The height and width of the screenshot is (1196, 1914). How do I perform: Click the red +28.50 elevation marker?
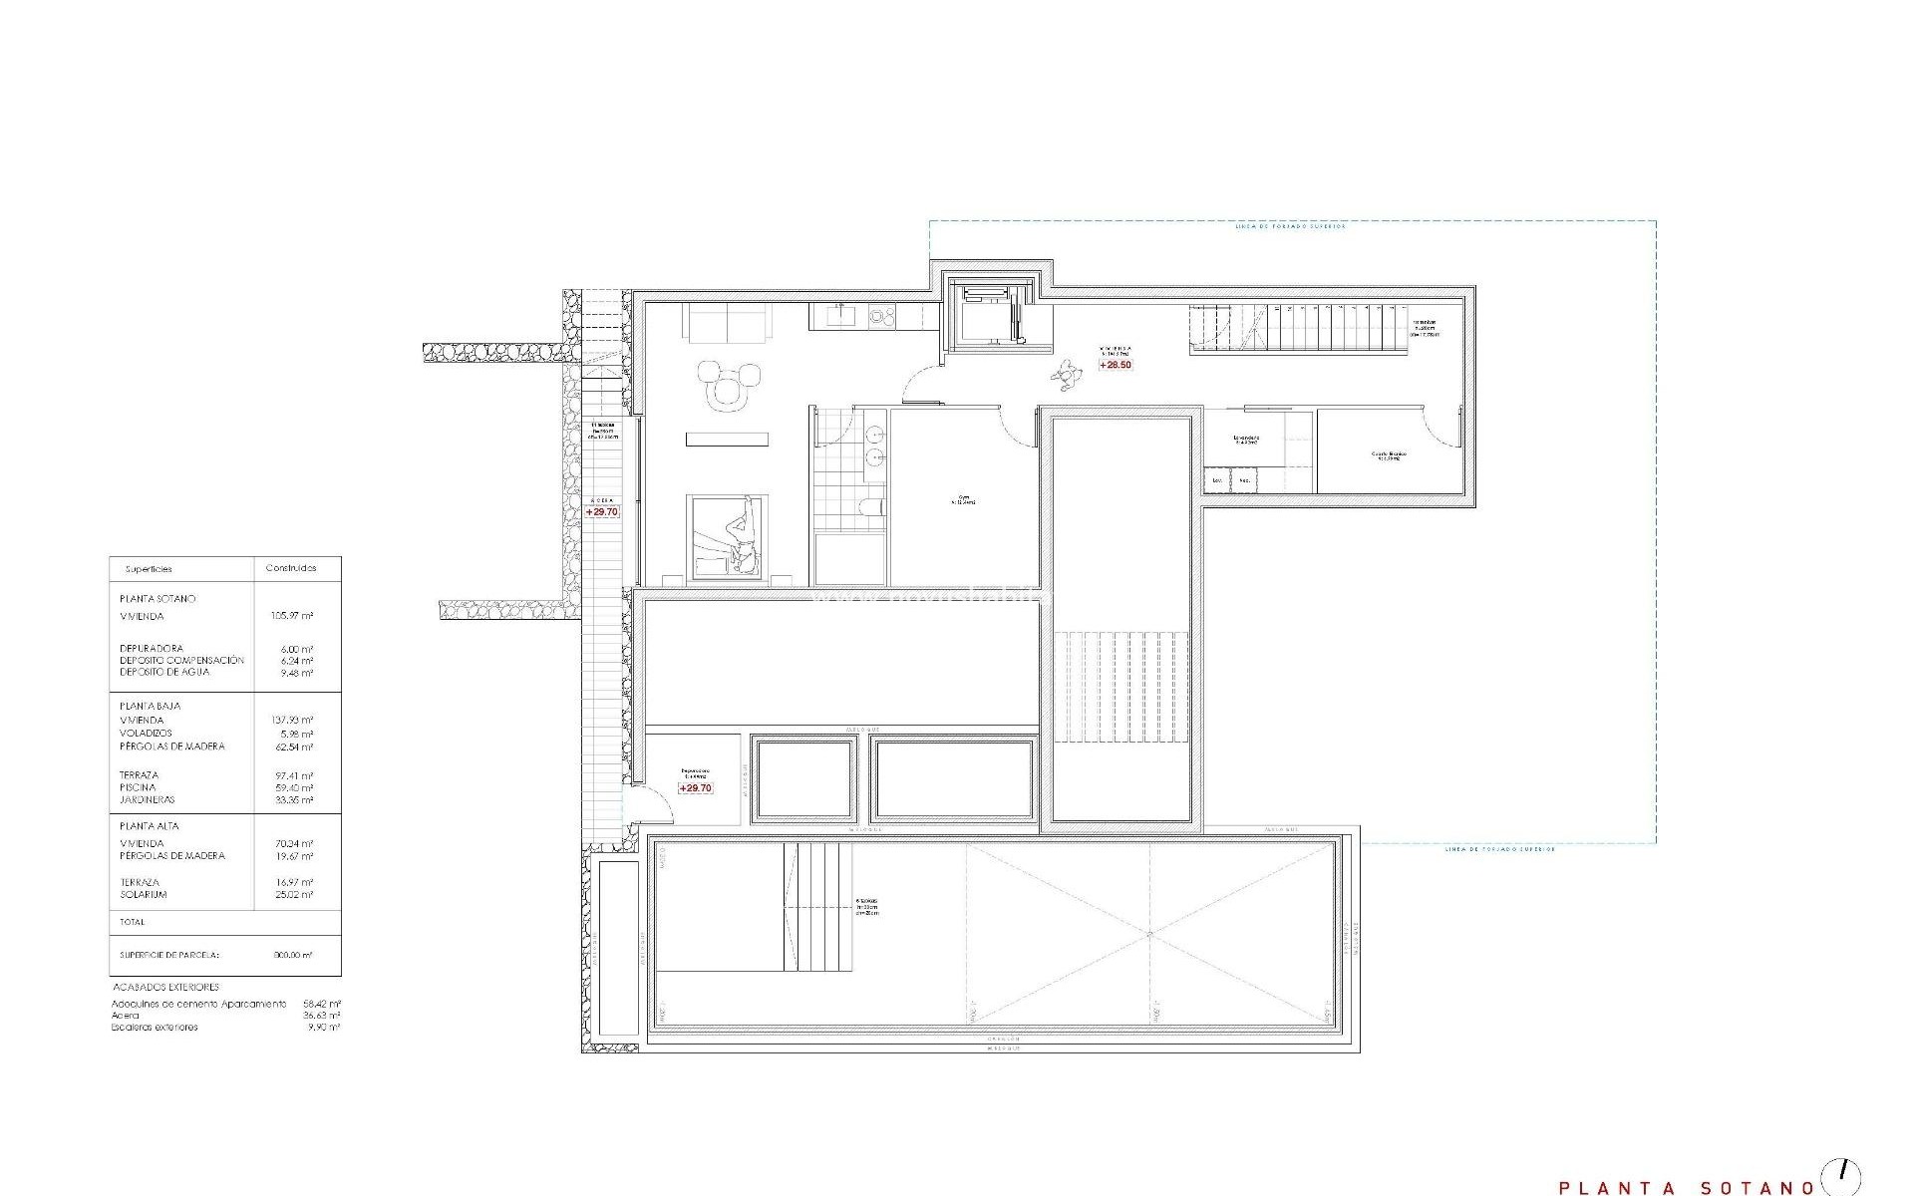(1116, 365)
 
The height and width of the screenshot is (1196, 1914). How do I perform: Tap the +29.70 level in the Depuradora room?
(695, 788)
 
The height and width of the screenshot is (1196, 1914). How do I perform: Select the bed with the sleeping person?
(728, 536)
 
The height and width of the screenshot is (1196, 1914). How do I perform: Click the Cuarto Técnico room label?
(1388, 454)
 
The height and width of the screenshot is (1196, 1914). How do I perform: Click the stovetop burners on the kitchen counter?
(882, 317)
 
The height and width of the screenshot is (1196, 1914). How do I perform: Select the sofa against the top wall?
(727, 322)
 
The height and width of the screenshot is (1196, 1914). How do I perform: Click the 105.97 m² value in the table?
(292, 616)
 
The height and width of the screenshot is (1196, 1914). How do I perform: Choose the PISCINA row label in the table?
(138, 787)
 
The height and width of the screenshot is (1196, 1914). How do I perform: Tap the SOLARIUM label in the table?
(144, 895)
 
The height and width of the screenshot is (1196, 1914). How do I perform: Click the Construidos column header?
(291, 568)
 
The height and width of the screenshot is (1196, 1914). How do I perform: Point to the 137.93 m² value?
(292, 720)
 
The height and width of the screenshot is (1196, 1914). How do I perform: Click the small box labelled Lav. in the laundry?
(1217, 480)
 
